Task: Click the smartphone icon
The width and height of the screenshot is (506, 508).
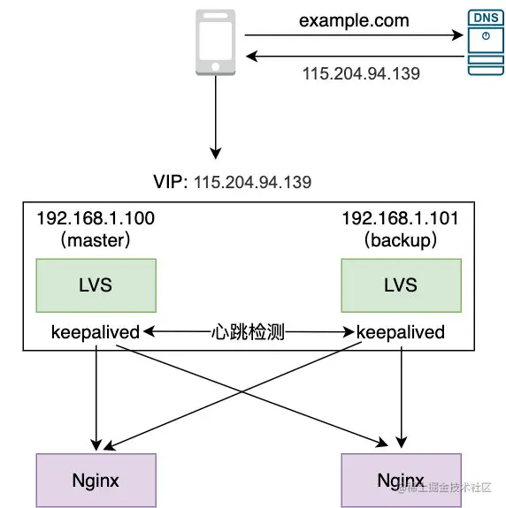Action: pos(215,42)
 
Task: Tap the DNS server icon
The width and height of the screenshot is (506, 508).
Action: pos(486,42)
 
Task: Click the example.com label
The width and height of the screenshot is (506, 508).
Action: pos(354,20)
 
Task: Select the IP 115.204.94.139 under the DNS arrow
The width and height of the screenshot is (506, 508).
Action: pos(361,73)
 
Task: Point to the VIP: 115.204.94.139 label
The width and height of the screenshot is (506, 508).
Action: pos(233,182)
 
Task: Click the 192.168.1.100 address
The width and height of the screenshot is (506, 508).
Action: pos(96,218)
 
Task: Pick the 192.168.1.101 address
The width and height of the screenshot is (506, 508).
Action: pos(401,218)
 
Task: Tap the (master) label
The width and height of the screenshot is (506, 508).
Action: pos(96,240)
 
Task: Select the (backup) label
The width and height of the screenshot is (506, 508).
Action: pos(401,240)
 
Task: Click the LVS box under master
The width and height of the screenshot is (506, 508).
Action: pos(96,285)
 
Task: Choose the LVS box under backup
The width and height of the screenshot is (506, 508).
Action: pos(402,285)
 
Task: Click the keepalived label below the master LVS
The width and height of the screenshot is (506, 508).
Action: pos(96,332)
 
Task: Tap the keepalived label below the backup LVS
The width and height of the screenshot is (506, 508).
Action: pos(401,332)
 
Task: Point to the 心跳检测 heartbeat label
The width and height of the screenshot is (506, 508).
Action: pos(248,332)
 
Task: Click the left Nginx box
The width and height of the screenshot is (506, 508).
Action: pos(96,480)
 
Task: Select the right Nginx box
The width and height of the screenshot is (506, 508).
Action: pos(402,480)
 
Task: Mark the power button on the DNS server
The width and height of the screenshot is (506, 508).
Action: pos(486,35)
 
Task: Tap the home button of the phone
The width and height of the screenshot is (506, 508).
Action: pos(215,67)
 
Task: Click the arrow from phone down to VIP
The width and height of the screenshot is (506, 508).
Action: pos(215,118)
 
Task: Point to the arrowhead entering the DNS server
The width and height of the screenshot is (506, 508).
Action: pos(458,35)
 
